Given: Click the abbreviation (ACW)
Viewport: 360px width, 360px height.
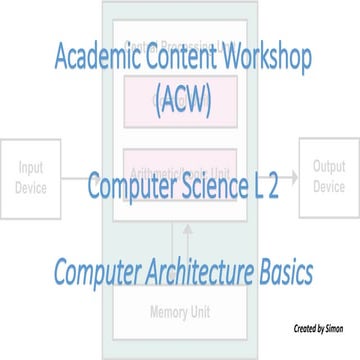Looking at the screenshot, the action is tap(181, 100).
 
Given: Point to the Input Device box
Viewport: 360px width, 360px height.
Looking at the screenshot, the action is tap(31, 180).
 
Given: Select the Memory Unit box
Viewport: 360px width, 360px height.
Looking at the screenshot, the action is tap(180, 312).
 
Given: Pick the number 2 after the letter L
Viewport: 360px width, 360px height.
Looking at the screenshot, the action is tap(273, 188).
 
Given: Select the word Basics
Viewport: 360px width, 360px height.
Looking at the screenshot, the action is tap(283, 271).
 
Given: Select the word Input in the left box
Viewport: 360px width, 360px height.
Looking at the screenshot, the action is tap(31, 171).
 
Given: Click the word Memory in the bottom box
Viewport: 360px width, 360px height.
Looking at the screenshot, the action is tap(167, 312).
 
